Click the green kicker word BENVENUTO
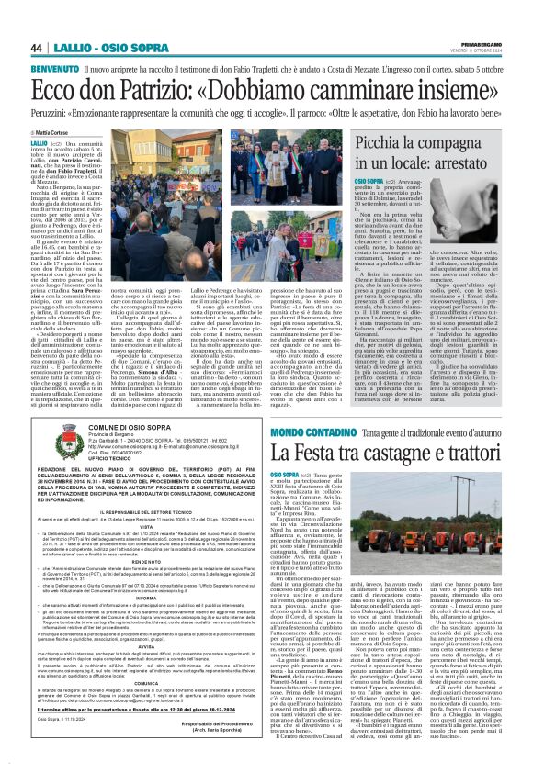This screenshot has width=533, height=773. [x=54, y=69]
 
